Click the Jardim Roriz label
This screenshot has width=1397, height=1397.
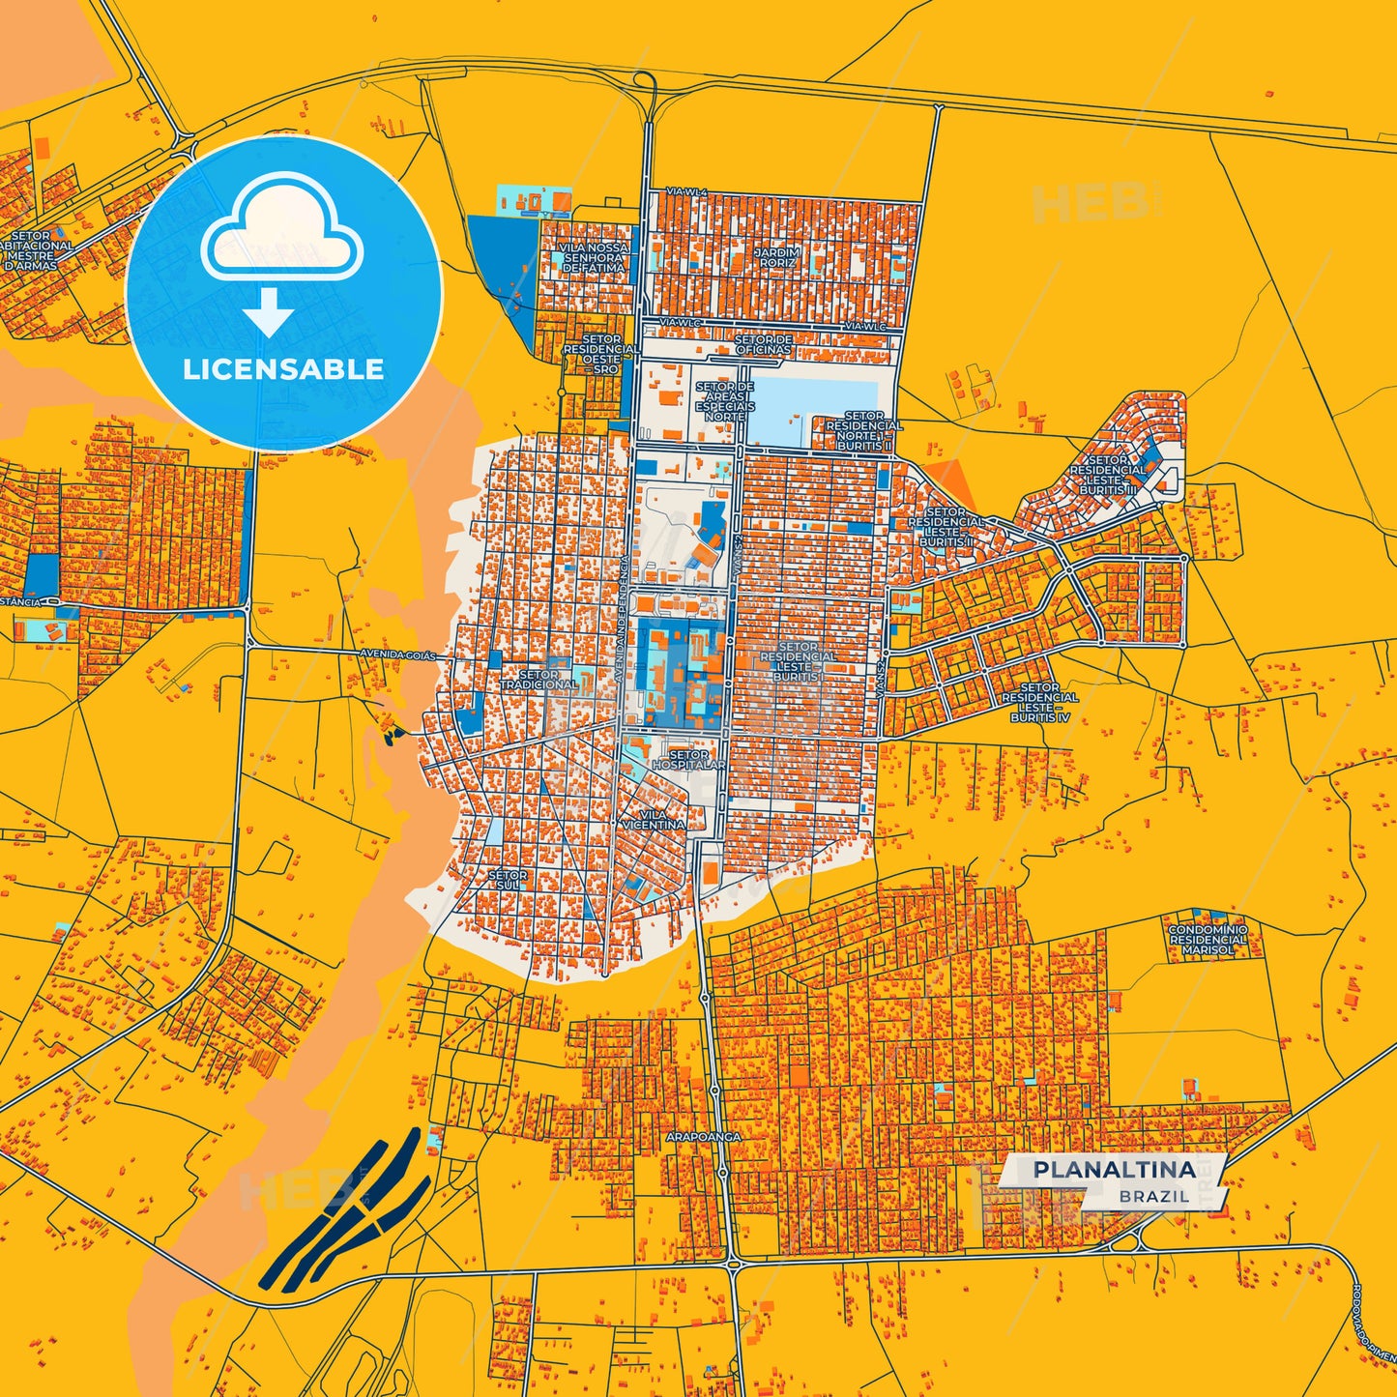pyautogui.click(x=778, y=257)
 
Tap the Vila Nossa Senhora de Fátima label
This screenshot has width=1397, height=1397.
pyautogui.click(x=595, y=257)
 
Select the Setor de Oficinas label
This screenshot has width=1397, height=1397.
pyautogui.click(x=764, y=345)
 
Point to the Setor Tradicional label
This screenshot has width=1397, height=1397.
pyautogui.click(x=538, y=680)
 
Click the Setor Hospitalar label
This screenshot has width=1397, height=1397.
pyautogui.click(x=688, y=760)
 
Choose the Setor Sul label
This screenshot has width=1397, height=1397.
pyautogui.click(x=508, y=880)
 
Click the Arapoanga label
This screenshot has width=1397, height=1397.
pyautogui.click(x=703, y=1137)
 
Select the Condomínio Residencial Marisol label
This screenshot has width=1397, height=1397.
pyautogui.click(x=1208, y=940)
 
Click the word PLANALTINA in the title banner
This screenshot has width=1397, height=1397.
pyautogui.click(x=1114, y=1170)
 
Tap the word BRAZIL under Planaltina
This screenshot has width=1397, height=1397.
pyautogui.click(x=1154, y=1197)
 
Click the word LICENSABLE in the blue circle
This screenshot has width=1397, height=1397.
pyautogui.click(x=283, y=369)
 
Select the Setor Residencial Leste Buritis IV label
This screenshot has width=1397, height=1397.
pyautogui.click(x=1039, y=703)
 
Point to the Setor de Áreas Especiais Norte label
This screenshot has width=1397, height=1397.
pyautogui.click(x=724, y=401)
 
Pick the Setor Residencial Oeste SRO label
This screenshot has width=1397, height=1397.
pyautogui.click(x=600, y=354)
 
